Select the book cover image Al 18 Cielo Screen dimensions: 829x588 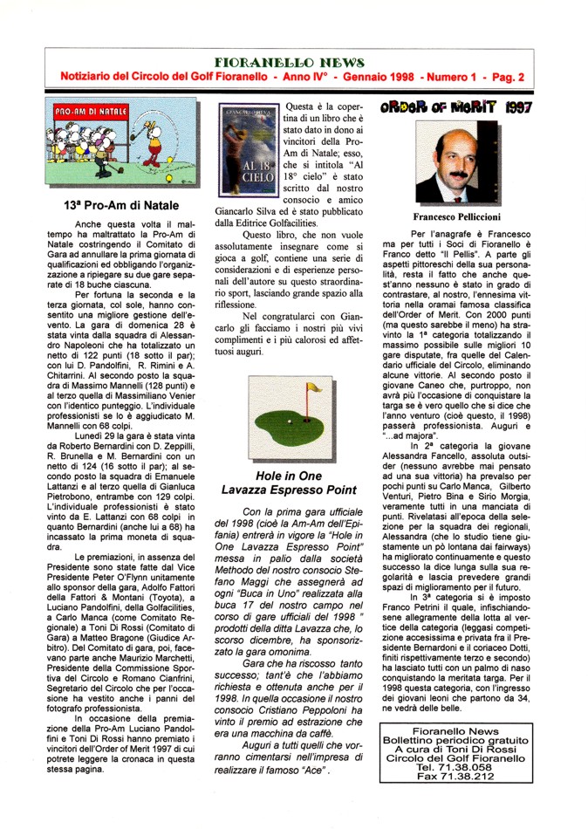[x=247, y=152]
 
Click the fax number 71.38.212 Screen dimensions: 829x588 [x=469, y=776]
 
